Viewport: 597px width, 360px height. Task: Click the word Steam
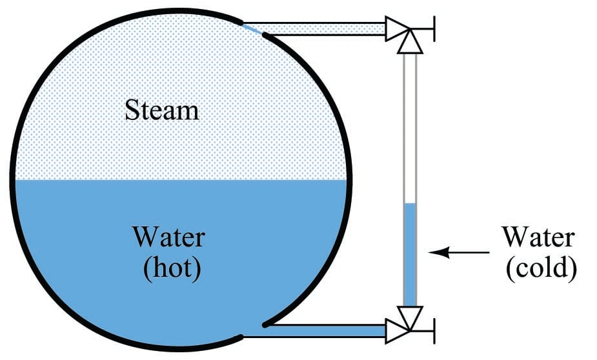click(x=162, y=110)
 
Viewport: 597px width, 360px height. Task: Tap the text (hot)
click(x=172, y=268)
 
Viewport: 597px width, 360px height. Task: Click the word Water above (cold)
click(x=538, y=237)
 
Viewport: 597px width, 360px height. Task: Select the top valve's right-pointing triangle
click(x=395, y=29)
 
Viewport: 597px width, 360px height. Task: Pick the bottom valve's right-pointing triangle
click(x=395, y=330)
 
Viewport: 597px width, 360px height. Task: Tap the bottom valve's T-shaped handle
click(x=431, y=330)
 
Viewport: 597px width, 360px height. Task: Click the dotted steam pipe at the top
click(x=323, y=29)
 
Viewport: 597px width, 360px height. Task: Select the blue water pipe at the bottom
click(x=323, y=330)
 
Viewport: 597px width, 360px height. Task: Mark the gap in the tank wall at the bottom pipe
click(x=253, y=330)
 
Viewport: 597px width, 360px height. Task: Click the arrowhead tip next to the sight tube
click(x=431, y=253)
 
